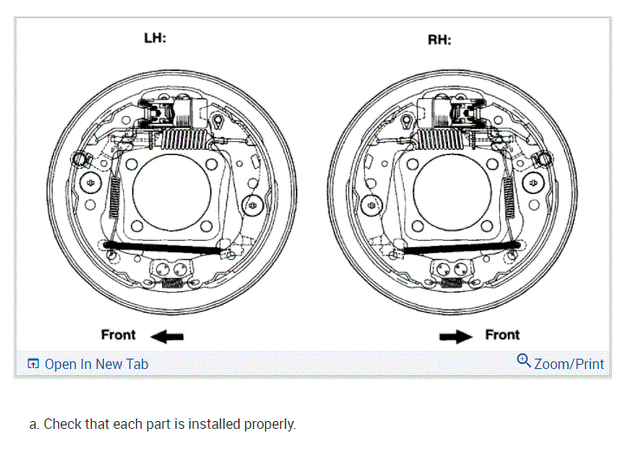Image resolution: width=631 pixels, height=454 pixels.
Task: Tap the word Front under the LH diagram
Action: click(119, 334)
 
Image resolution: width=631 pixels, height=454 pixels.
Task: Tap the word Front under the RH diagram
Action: click(502, 334)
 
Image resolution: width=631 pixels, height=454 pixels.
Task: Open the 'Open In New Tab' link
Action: click(96, 364)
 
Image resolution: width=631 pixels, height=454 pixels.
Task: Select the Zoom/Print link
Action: click(569, 364)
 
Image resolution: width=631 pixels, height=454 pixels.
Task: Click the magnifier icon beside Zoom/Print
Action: click(524, 360)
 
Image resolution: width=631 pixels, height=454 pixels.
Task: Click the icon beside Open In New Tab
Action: click(33, 364)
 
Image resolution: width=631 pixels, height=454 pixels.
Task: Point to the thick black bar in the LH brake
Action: click(165, 248)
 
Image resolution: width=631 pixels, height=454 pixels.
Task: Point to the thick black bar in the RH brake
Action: click(461, 248)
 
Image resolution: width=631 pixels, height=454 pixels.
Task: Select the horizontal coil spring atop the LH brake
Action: click(183, 138)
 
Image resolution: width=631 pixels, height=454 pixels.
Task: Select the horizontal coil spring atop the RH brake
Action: click(444, 138)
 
